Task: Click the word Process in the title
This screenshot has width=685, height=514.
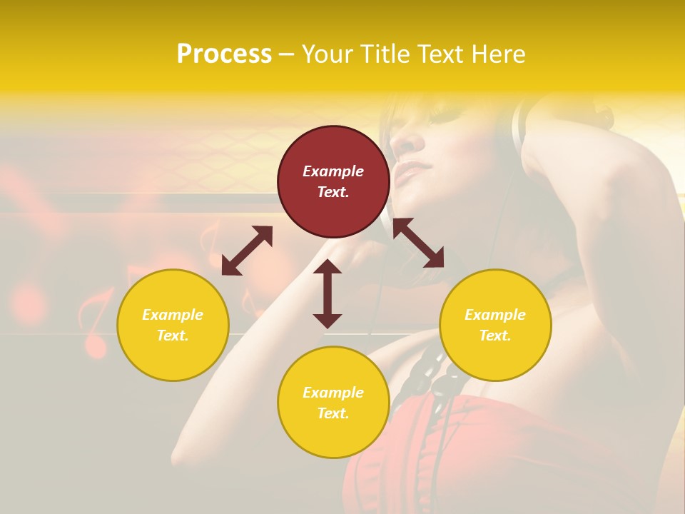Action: click(223, 54)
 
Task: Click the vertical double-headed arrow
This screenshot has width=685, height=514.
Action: click(328, 293)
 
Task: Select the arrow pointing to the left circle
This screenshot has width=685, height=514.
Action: click(247, 250)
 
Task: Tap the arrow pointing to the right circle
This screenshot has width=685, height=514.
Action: click(418, 243)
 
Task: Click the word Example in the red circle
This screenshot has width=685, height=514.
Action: click(333, 171)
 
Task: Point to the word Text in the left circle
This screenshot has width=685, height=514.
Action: click(173, 336)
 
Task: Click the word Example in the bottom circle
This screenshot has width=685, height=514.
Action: click(333, 393)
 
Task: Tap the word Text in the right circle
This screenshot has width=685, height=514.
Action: click(495, 336)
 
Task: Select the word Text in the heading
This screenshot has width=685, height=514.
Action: click(442, 54)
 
